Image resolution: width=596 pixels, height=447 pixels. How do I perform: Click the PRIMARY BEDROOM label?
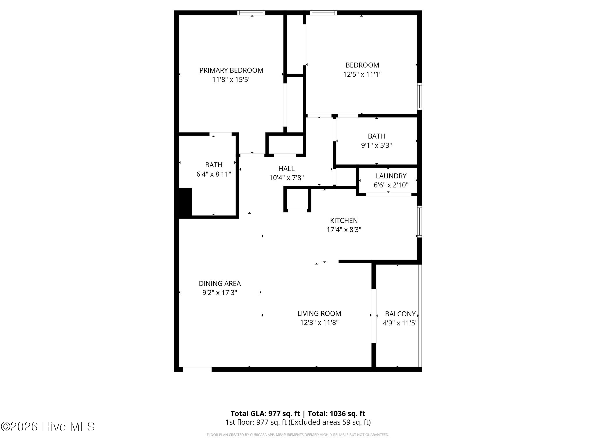tap(231, 70)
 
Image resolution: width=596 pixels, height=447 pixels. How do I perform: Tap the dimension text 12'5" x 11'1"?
tap(362, 74)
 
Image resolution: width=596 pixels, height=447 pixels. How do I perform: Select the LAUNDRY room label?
tap(391, 176)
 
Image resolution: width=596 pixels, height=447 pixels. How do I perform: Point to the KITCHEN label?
tap(344, 221)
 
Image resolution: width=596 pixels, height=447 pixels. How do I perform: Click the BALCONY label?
tap(400, 314)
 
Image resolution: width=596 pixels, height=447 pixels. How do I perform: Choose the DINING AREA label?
tap(220, 283)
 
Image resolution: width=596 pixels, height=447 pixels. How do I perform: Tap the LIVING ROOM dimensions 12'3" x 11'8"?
tap(319, 323)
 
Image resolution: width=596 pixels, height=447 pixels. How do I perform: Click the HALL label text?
tap(286, 169)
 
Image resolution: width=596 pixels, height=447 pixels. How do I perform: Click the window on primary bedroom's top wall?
tap(251, 13)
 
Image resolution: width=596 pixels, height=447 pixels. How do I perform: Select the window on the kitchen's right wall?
tap(419, 221)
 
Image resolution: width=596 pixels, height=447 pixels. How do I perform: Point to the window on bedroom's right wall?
tap(419, 97)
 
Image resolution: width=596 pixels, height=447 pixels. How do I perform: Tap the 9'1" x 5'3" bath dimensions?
tap(376, 146)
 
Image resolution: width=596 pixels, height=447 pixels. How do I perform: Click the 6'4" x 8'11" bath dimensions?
tap(214, 174)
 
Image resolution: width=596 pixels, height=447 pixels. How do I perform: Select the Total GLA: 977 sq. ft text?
tap(265, 414)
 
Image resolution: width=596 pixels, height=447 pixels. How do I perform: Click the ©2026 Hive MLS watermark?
tap(48, 427)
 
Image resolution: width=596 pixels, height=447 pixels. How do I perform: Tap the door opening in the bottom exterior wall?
tap(197, 370)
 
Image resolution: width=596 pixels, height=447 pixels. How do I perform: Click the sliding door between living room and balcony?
tap(374, 316)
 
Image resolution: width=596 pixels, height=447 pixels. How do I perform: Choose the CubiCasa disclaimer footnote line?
tap(298, 435)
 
